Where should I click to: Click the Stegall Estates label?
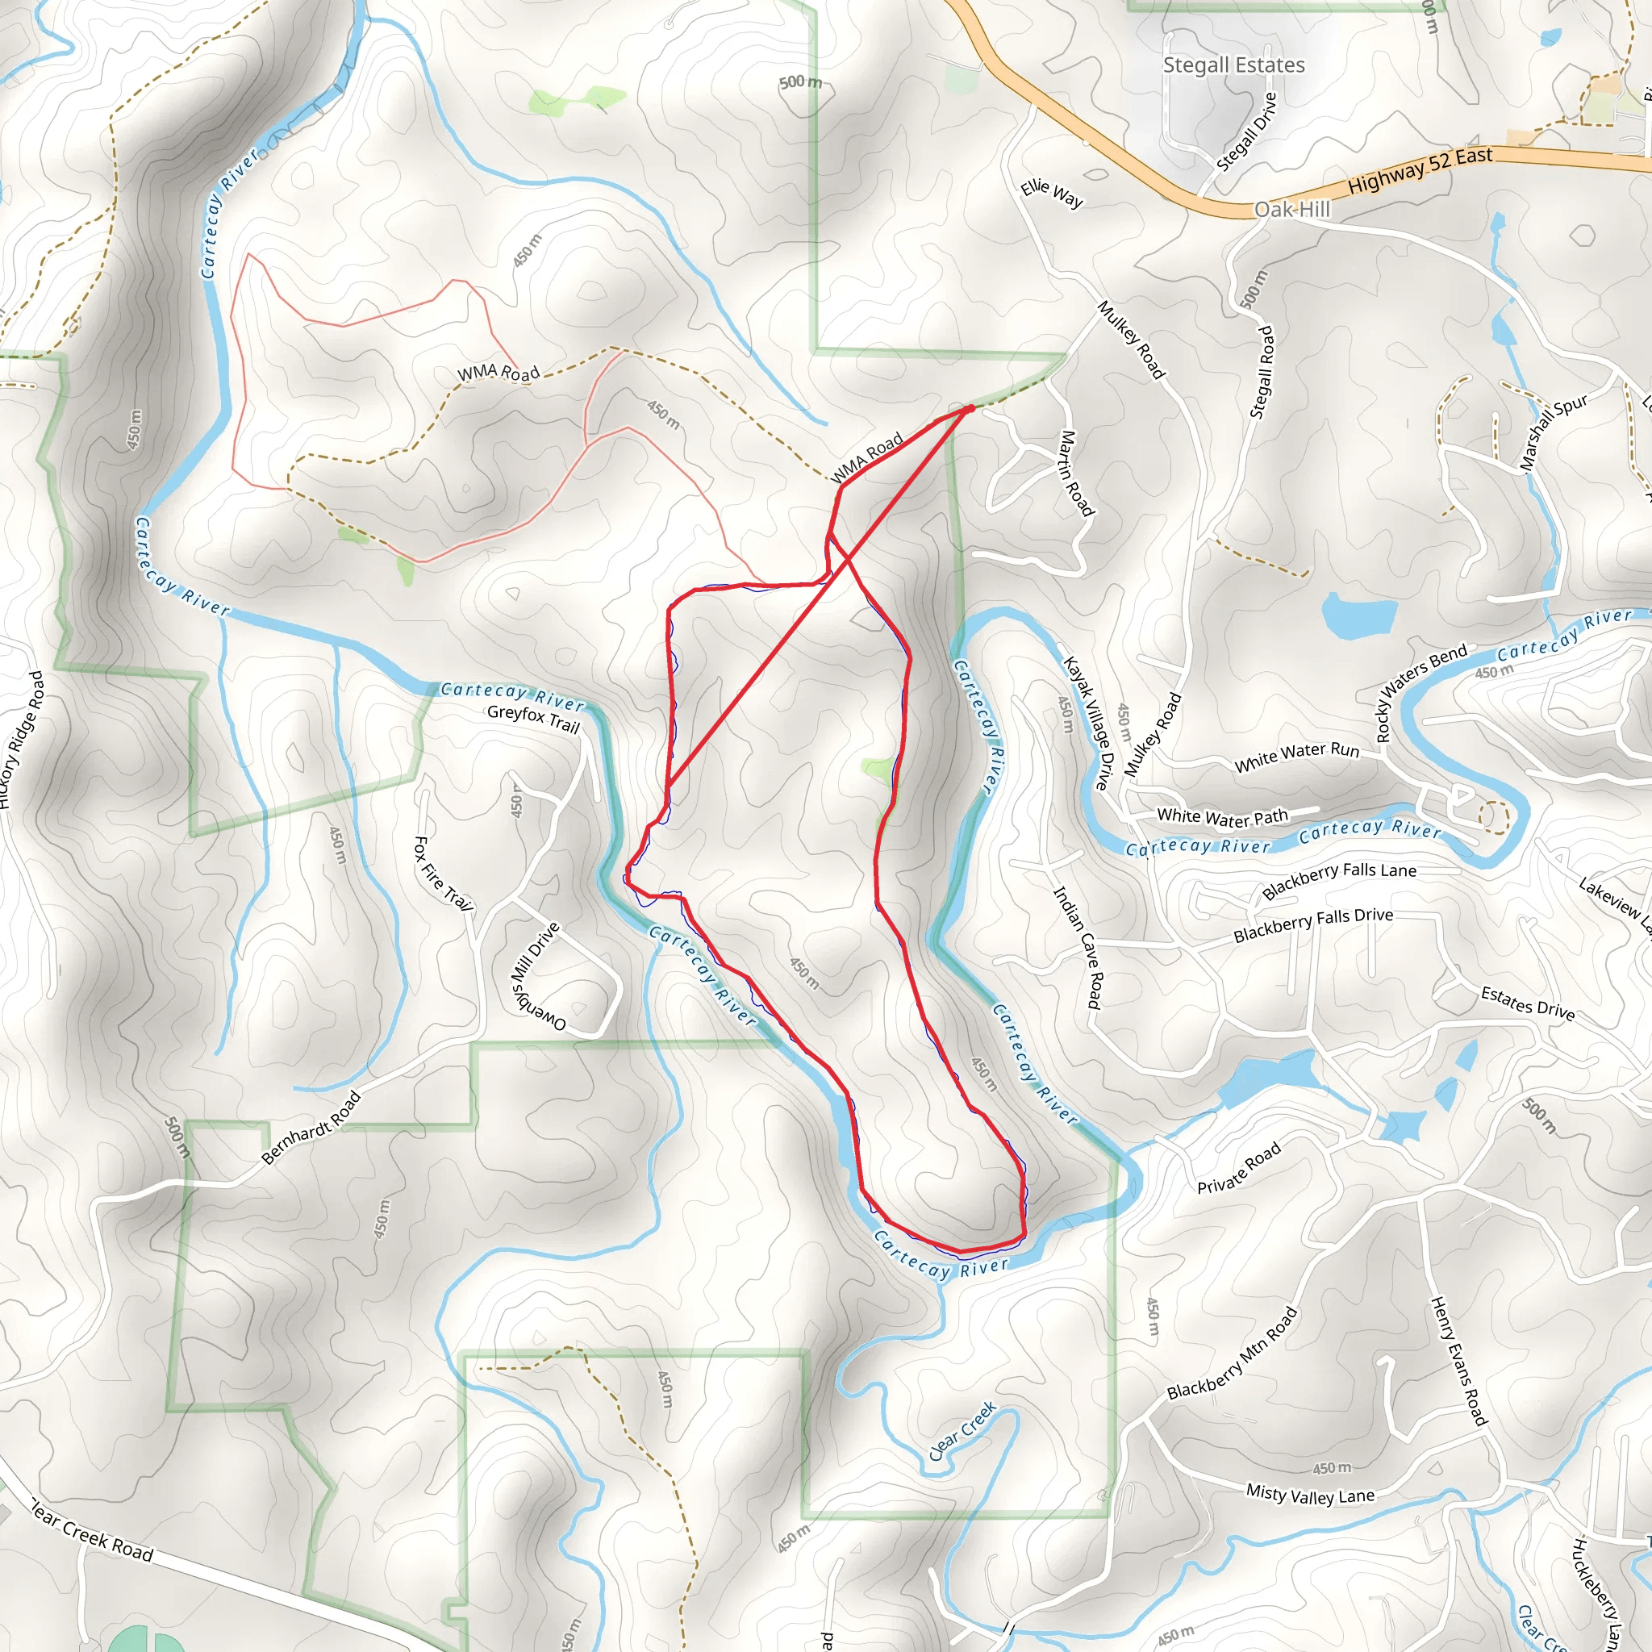1233,65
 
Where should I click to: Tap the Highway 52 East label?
1420,170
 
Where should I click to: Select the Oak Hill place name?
1291,210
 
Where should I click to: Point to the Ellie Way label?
1052,194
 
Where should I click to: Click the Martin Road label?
1077,473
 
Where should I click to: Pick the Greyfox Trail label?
533,719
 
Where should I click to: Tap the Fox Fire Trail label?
443,873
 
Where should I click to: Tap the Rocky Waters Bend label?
1420,693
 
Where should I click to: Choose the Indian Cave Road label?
1076,948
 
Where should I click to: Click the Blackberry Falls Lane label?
1339,880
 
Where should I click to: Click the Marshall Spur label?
1553,432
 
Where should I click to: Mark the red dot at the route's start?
970,409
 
